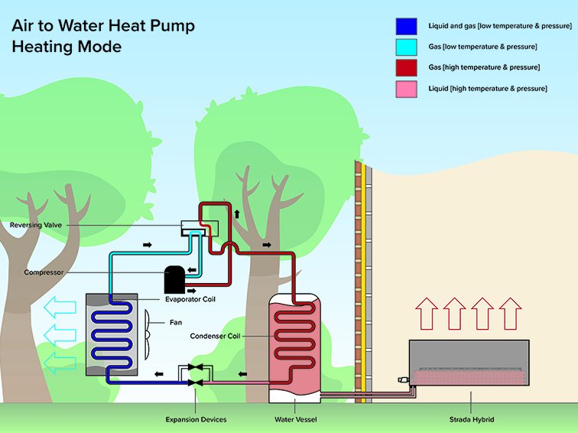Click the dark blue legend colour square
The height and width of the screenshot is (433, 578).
pyautogui.click(x=405, y=26)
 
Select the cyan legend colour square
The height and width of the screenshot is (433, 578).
pyautogui.click(x=405, y=47)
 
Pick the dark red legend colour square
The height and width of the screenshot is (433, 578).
pyautogui.click(x=405, y=68)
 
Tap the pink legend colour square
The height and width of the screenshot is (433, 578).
pyautogui.click(x=405, y=89)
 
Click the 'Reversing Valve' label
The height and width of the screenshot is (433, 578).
pyautogui.click(x=36, y=226)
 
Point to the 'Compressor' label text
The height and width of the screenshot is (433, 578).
pyautogui.click(x=43, y=272)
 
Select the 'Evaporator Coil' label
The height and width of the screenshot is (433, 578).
pyautogui.click(x=191, y=299)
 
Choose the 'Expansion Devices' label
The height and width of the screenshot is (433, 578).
pyautogui.click(x=196, y=419)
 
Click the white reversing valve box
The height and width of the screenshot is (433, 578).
pyautogui.click(x=198, y=226)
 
